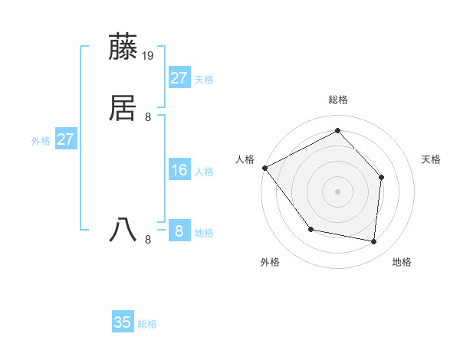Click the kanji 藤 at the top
[123, 47]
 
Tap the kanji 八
[123, 230]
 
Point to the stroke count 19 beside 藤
[149, 56]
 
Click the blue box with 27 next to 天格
[179, 78]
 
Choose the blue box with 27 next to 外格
[65, 139]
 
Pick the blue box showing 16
[179, 170]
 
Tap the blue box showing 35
[123, 322]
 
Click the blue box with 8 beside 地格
[179, 231]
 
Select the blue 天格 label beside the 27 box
[204, 80]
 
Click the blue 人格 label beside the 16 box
[204, 172]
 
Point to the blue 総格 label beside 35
[147, 324]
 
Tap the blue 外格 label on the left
[41, 141]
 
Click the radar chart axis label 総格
[337, 100]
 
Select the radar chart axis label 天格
[431, 159]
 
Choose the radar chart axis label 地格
[402, 262]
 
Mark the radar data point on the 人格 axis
[264, 168]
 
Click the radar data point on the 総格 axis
[337, 131]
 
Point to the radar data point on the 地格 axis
[374, 241]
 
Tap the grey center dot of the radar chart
[337, 191]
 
